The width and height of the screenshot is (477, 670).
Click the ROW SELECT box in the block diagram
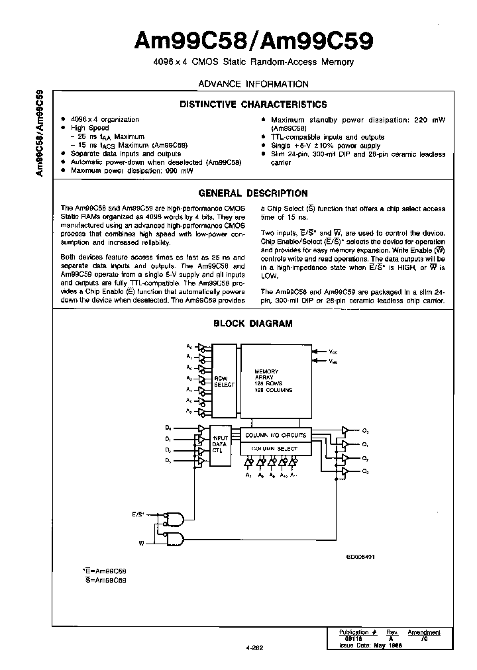pyautogui.click(x=225, y=383)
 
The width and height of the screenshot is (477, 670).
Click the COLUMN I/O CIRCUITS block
pyautogui.click(x=276, y=435)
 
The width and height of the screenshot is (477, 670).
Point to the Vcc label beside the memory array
pyautogui.click(x=333, y=352)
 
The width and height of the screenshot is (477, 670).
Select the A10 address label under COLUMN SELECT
pyautogui.click(x=283, y=475)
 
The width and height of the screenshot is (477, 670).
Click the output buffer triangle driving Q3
pyautogui.click(x=344, y=471)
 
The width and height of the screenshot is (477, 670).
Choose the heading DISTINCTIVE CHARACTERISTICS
pyautogui.click(x=253, y=105)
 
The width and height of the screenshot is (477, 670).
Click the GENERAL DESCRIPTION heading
pyautogui.click(x=253, y=193)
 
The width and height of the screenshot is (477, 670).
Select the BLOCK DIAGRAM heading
pyautogui.click(x=253, y=324)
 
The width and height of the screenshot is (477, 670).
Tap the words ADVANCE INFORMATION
pyautogui.click(x=253, y=84)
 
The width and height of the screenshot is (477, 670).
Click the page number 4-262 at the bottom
pyautogui.click(x=255, y=649)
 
